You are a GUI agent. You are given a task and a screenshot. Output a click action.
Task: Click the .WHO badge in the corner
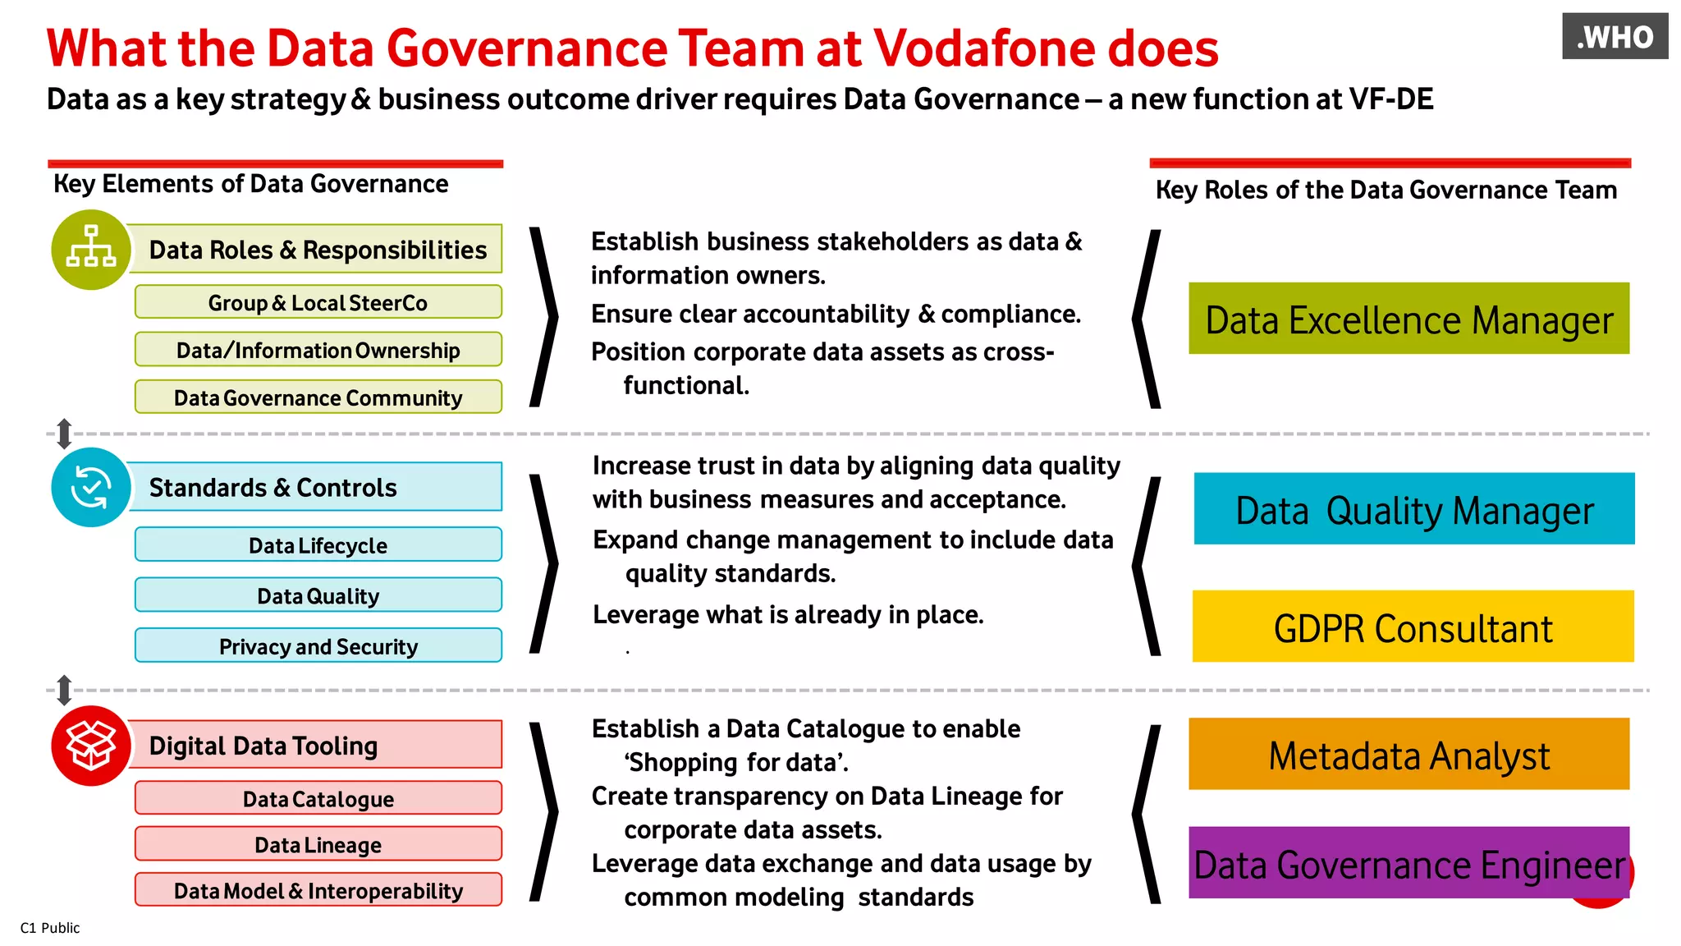[x=1615, y=37]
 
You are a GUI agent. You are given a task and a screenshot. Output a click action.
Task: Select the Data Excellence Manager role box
[x=1408, y=319]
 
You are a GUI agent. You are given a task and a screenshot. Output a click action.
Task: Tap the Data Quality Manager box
[x=1413, y=509]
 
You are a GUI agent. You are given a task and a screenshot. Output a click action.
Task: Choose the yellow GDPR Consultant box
[x=1413, y=627]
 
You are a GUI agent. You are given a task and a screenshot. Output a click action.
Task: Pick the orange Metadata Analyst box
[x=1408, y=754]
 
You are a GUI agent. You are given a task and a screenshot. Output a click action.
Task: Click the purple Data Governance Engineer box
[x=1408, y=863]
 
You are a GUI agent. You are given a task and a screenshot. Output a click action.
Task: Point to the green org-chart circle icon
[x=91, y=250]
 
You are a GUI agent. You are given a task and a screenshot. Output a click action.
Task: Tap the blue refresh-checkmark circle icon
[x=91, y=487]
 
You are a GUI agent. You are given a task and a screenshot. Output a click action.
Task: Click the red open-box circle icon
[x=91, y=745]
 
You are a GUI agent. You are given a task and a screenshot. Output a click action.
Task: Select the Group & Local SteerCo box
[x=318, y=302]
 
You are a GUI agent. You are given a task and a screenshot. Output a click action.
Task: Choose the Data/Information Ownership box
[x=318, y=350]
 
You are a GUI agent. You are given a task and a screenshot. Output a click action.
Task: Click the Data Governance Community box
[x=318, y=397]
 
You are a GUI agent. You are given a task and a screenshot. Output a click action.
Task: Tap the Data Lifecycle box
[x=318, y=545]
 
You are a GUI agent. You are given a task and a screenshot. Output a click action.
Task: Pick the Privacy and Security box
[x=318, y=646]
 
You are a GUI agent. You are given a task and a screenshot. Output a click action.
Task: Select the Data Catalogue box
[x=318, y=798]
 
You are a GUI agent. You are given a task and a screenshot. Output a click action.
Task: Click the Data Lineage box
[x=318, y=844]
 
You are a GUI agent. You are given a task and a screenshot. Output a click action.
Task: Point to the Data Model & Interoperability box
[x=318, y=890]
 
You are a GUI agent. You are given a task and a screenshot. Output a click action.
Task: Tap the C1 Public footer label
[x=50, y=928]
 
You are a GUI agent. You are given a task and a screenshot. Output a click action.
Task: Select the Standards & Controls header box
[x=316, y=487]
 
